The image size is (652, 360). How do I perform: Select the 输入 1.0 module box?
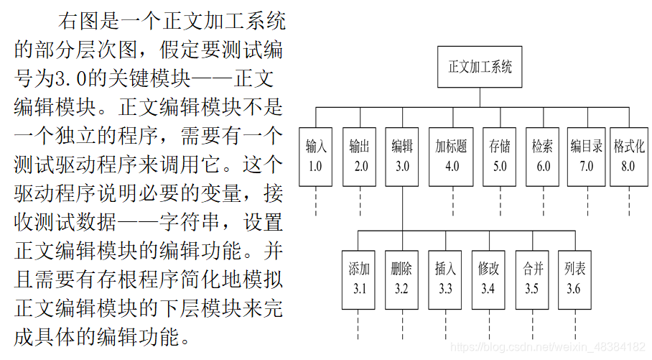316,156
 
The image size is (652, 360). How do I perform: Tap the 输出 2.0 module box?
360,156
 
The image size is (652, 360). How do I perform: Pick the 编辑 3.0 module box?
402,156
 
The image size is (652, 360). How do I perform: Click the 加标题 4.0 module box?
451,156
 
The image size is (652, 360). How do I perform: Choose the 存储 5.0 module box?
500,156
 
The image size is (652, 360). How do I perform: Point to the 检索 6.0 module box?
543,156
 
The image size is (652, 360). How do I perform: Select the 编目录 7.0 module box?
587,156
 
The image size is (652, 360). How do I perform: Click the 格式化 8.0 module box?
629,156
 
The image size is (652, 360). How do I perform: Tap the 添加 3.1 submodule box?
359,279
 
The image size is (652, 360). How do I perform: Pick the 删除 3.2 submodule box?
401,279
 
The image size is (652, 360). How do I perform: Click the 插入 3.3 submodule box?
445,279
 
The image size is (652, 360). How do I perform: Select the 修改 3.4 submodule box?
488,279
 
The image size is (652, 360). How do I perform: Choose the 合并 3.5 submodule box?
532,279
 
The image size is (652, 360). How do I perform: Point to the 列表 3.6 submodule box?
574,279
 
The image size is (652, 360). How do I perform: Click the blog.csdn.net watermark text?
546,347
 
